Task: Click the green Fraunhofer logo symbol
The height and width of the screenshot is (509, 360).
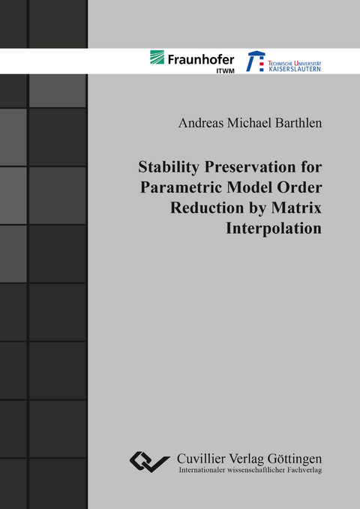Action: (157, 57)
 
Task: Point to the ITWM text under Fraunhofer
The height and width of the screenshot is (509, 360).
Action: (223, 69)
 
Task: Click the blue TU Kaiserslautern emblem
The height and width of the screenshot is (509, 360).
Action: (256, 61)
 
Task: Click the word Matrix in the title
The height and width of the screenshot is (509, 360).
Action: (296, 209)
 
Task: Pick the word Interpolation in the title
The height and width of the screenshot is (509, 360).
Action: (274, 228)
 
